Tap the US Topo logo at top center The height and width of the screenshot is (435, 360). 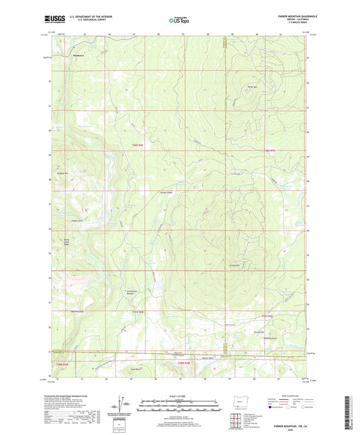(178, 20)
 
